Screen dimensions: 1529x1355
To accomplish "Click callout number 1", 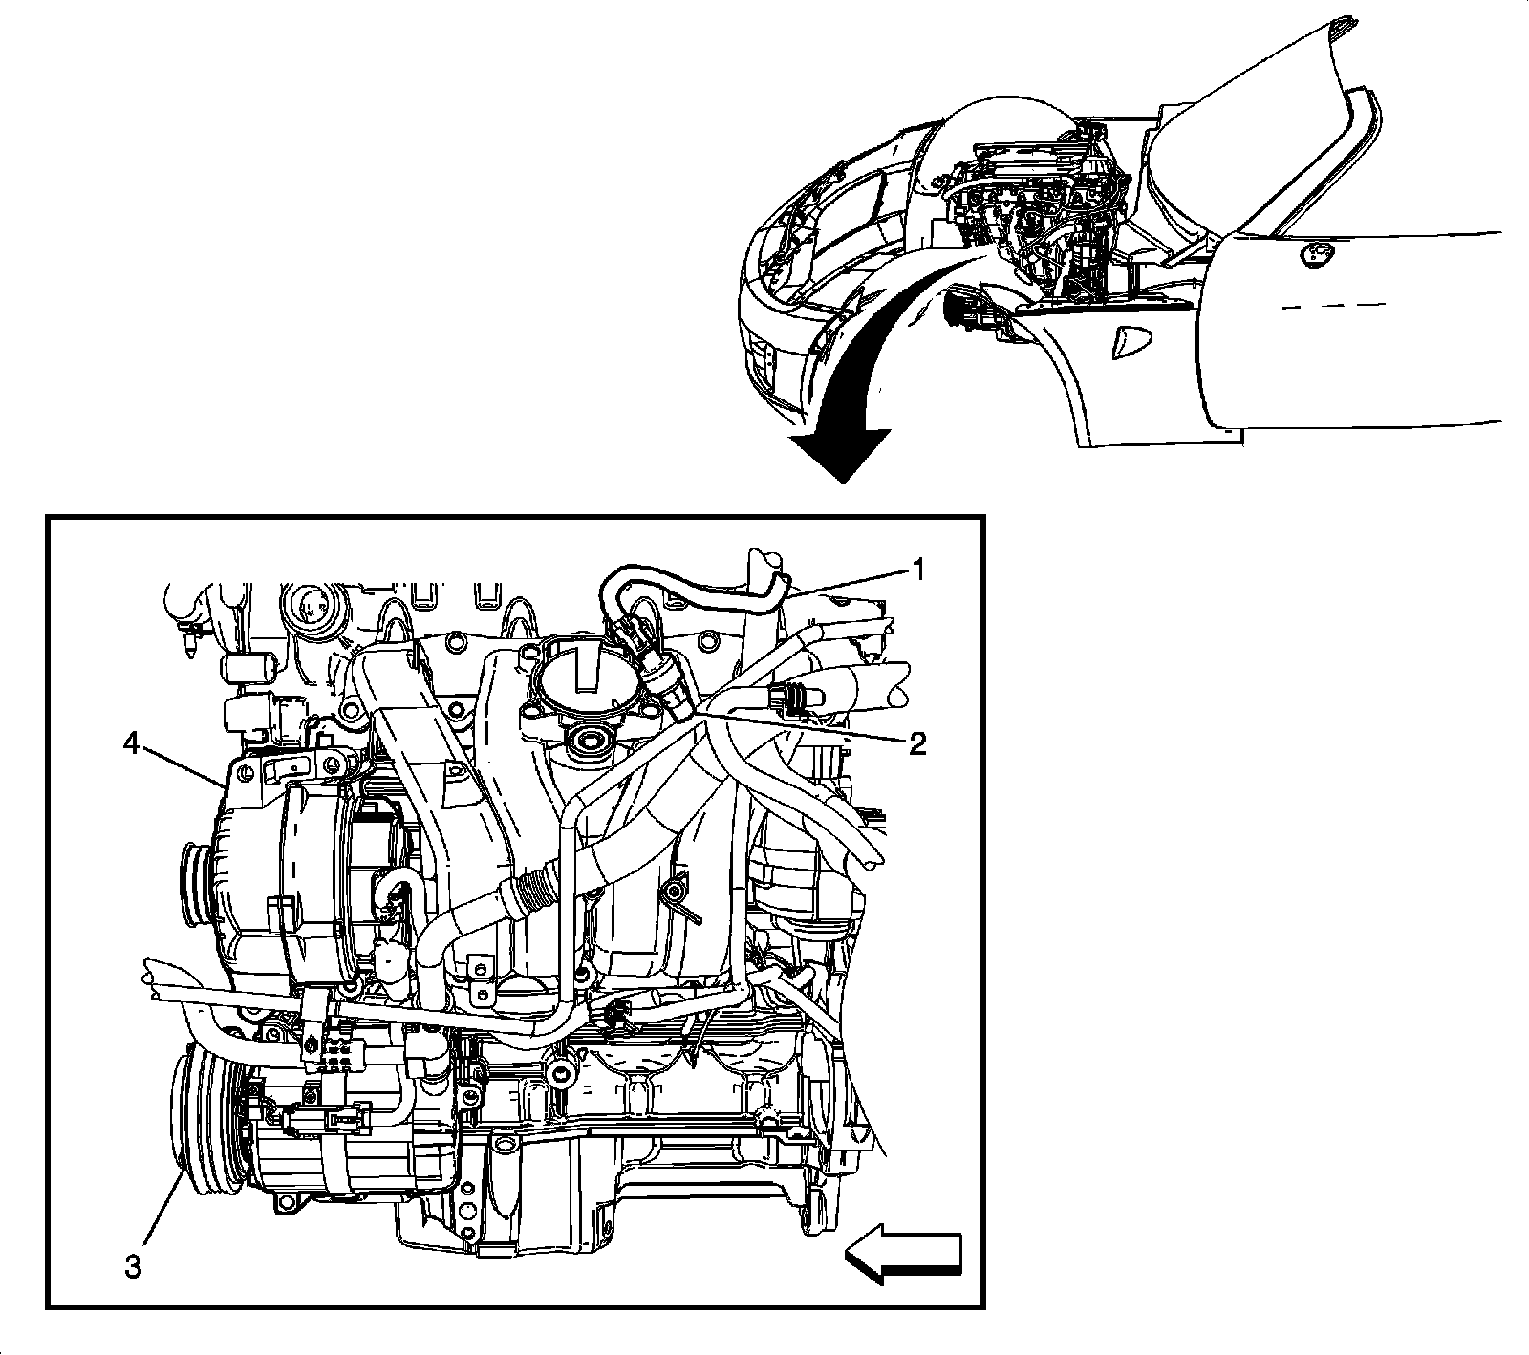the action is coord(917,570).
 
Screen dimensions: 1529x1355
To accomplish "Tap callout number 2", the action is coord(917,744).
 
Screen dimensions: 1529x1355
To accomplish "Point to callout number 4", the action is coord(133,742).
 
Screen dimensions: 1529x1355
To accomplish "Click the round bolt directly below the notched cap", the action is coord(582,740).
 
